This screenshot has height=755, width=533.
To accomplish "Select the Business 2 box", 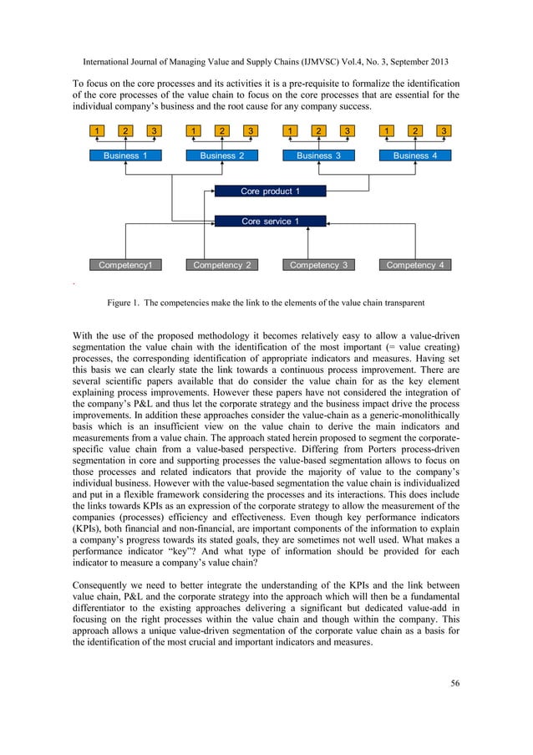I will (x=222, y=156).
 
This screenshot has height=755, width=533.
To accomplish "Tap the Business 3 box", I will (x=319, y=156).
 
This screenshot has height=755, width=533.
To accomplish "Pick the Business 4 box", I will (x=415, y=156).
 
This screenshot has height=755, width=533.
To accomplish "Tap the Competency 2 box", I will (x=222, y=265).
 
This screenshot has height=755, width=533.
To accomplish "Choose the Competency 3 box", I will (x=319, y=265).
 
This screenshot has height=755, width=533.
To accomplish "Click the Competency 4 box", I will (x=415, y=265).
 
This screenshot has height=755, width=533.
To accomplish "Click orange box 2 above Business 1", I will (x=125, y=130).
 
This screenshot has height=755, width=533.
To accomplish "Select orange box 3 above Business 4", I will (x=444, y=130).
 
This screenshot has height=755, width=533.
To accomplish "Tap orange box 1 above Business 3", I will (x=290, y=130).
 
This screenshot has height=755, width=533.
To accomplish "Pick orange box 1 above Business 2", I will (x=193, y=130).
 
